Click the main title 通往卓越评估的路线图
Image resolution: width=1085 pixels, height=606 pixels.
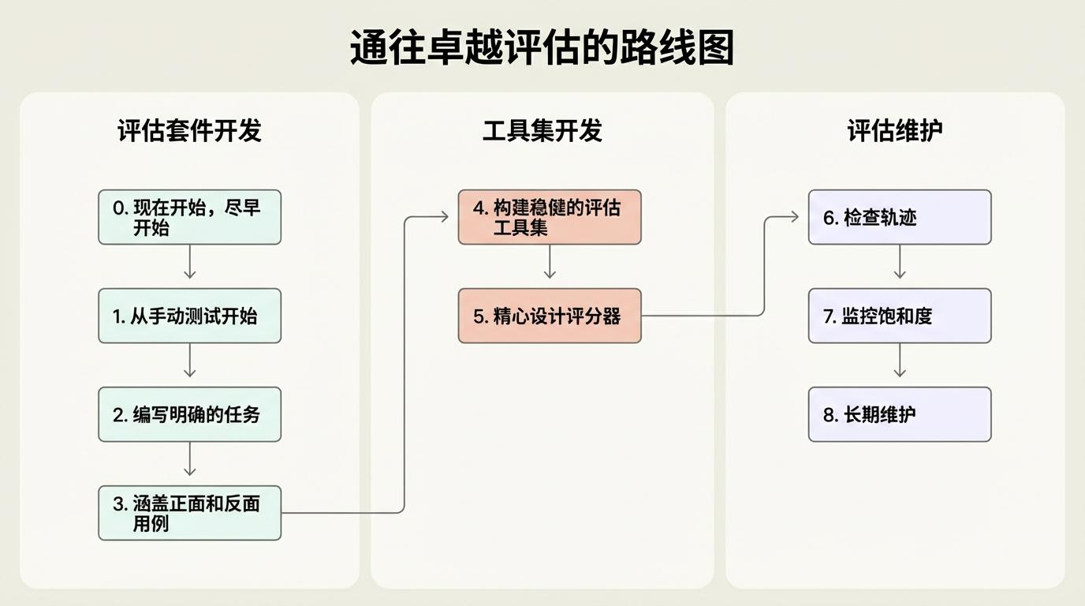tap(542, 48)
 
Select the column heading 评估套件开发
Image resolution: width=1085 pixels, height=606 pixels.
tap(189, 131)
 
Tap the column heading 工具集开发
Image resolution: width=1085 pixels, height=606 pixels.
tap(542, 131)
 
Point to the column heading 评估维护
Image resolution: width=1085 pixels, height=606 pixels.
tap(895, 131)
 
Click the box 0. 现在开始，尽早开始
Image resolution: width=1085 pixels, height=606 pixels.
tap(189, 217)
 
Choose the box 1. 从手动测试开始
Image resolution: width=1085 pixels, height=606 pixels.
tap(189, 316)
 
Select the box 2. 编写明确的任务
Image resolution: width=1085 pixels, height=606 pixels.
tap(189, 414)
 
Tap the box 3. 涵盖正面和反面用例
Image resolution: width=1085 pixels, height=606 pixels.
tap(189, 513)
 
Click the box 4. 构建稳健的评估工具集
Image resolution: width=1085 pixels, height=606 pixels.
tap(550, 217)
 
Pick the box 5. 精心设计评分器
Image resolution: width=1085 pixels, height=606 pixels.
tap(550, 316)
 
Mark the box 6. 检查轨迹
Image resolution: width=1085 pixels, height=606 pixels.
tap(900, 217)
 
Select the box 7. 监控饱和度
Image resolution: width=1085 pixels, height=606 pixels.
tap(900, 316)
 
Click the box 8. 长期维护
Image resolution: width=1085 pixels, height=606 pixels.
tap(900, 414)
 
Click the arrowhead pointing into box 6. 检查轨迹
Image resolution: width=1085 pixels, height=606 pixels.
tap(794, 216)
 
